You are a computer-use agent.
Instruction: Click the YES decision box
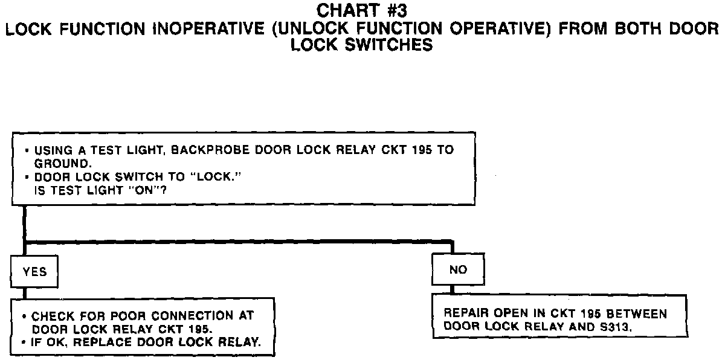35,272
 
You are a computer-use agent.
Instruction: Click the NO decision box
458,269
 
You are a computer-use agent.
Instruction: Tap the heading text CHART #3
362,11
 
